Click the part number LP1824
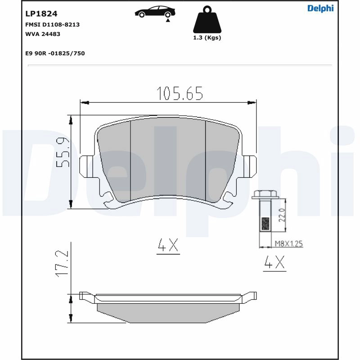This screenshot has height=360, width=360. [x=41, y=14]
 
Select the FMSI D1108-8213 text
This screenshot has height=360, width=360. [x=52, y=25]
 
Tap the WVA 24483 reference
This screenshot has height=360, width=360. [x=43, y=34]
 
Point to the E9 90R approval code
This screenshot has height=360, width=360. [x=55, y=53]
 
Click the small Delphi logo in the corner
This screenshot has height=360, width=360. [x=320, y=9]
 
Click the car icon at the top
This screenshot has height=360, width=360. [x=155, y=12]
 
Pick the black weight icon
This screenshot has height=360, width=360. [x=207, y=19]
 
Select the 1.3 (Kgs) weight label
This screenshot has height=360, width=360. [x=207, y=38]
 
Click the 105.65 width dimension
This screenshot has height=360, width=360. [x=180, y=94]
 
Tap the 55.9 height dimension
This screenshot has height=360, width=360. [x=62, y=152]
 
